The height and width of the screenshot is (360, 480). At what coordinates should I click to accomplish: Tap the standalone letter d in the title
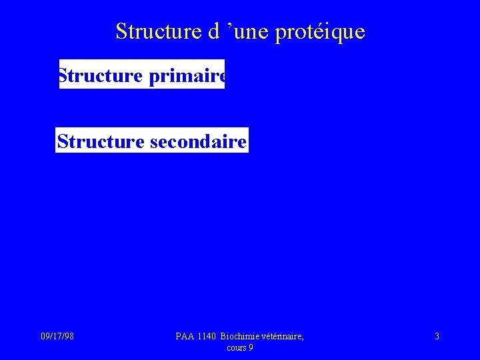(214, 31)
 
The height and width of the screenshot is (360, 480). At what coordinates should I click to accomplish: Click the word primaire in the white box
(187, 76)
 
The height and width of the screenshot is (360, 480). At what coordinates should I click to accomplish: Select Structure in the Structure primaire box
(100, 76)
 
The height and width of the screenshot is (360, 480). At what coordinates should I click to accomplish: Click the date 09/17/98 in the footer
(57, 337)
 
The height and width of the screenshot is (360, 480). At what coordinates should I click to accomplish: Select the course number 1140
(207, 337)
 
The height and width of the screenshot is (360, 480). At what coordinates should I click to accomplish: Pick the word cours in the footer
(237, 347)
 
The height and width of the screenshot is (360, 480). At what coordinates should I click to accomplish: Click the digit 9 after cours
(251, 347)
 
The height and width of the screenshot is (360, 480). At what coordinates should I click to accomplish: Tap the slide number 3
(437, 337)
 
